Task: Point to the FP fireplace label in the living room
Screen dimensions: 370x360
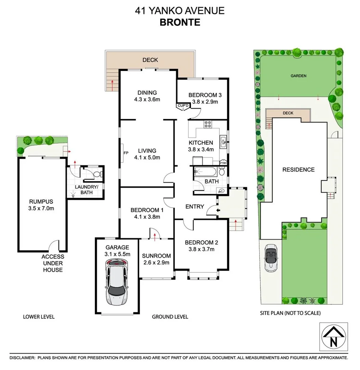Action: (126, 153)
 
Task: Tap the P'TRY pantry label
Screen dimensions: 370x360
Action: (223, 163)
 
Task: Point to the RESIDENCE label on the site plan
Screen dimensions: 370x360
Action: (298, 170)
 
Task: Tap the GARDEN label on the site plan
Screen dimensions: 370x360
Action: (298, 76)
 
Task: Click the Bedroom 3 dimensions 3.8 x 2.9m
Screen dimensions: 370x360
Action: (203, 102)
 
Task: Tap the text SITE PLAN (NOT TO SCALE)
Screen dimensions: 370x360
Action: (290, 313)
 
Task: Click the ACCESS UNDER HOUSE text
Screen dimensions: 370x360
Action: (53, 263)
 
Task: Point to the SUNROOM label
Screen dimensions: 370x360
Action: (156, 256)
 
